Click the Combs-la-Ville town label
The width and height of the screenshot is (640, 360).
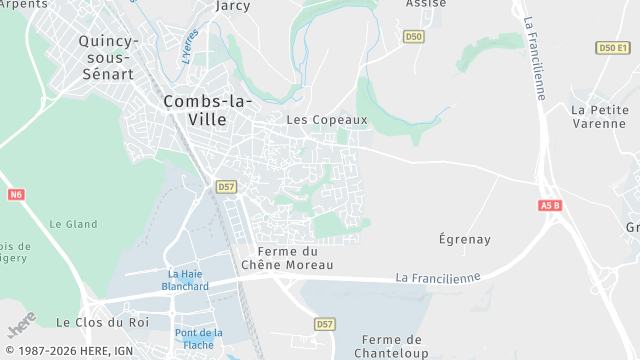pos(208,109)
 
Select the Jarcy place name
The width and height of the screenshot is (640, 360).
pos(233,6)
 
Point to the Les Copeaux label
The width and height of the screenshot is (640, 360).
pos(327,120)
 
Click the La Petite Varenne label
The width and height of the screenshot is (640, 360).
pos(599,116)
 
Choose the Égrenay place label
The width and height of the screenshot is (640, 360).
pos(465,239)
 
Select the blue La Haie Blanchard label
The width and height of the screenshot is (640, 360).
pos(186,280)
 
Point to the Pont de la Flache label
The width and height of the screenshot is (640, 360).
pos(199,339)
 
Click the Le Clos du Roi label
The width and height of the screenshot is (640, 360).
pos(103,322)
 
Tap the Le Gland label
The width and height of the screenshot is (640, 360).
pos(74,224)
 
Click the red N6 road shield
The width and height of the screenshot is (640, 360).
pos(15,195)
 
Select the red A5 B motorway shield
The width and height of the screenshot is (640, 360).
pos(550,205)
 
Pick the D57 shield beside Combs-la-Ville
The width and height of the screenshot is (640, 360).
pos(226,187)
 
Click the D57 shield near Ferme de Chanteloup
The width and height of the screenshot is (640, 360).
pos(324,324)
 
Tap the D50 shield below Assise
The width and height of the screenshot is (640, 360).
pos(414,37)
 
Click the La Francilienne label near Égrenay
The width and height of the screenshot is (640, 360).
pos(438,277)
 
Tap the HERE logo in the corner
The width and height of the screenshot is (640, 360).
pos(21,326)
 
